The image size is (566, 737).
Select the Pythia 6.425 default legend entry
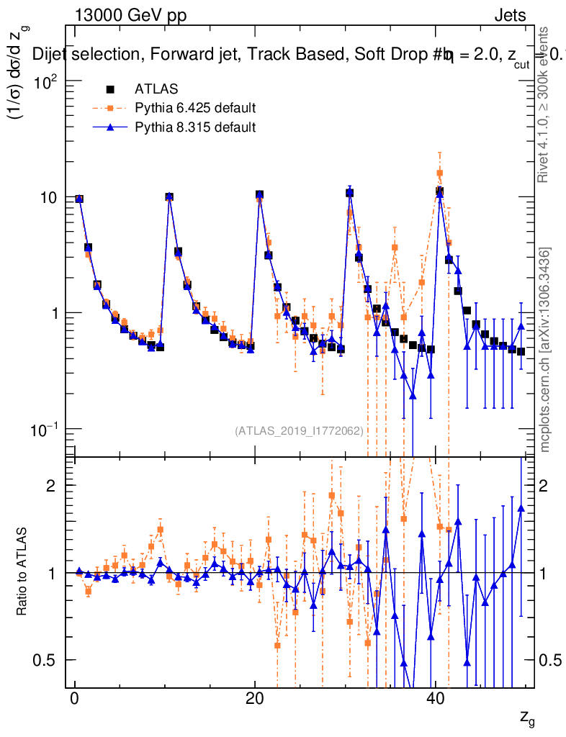[x=195, y=109]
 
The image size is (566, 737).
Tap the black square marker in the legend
[x=110, y=89]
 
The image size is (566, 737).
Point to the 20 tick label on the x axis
[x=254, y=700]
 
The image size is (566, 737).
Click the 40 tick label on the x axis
[x=435, y=700]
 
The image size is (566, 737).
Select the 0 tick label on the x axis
[x=74, y=700]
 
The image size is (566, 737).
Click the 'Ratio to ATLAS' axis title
[x=23, y=573]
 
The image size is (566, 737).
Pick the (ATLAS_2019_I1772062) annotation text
[x=298, y=430]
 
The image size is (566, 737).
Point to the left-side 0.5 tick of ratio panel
[x=46, y=660]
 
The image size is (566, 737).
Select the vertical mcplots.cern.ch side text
[x=545, y=349]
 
